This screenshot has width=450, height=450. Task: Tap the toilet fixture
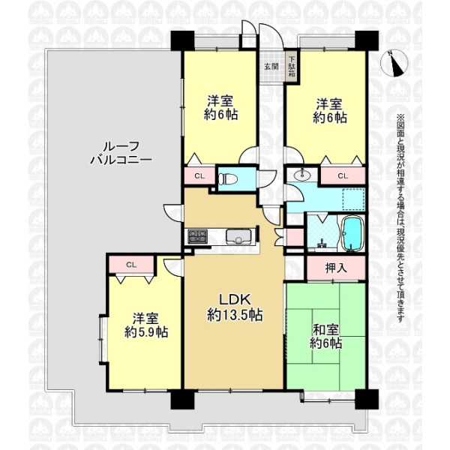tap(228, 180)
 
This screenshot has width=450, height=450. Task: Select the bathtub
tap(352, 233)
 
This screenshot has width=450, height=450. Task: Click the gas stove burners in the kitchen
tap(198, 236)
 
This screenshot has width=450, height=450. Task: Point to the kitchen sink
tap(238, 236)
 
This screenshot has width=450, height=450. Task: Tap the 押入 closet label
tap(336, 268)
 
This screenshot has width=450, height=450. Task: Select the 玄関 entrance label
tap(271, 67)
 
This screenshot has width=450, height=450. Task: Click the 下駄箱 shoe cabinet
tap(292, 67)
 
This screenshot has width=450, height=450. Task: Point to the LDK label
tap(235, 299)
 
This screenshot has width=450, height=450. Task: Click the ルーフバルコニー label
tap(121, 154)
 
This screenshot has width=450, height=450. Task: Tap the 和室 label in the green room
tap(325, 330)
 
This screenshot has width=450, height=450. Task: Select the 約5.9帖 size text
tap(146, 332)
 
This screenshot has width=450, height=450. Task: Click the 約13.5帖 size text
tap(235, 315)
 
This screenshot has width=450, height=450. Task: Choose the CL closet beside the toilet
tap(199, 175)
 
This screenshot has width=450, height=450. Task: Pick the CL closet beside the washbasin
tap(343, 175)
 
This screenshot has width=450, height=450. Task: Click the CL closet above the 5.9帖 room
tap(131, 265)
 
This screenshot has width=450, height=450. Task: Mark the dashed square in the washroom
tap(353, 200)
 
